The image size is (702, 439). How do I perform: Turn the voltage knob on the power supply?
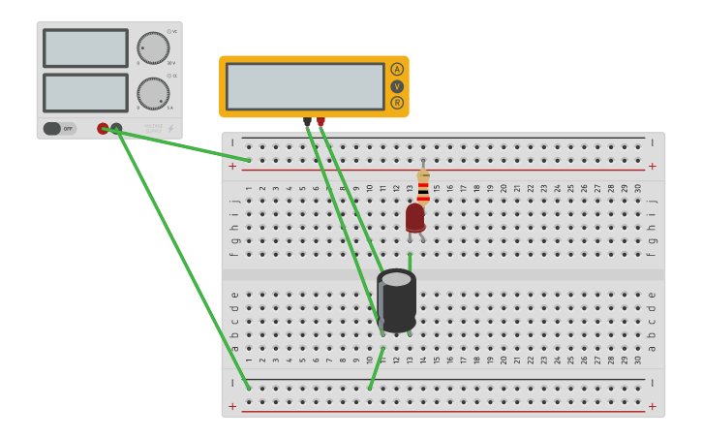[153, 47]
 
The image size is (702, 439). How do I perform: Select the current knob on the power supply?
[153, 93]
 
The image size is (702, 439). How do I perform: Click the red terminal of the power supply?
[103, 128]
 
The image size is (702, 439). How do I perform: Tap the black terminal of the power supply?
[116, 128]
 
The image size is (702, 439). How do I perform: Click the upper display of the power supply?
[85, 47]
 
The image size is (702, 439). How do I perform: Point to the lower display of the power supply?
[85, 93]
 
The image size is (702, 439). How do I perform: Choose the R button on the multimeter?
[397, 103]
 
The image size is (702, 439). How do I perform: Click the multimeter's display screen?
[305, 86]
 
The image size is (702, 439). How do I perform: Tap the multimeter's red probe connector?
[320, 122]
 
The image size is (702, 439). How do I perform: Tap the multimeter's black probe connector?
[308, 122]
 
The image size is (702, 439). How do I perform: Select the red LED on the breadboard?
[415, 217]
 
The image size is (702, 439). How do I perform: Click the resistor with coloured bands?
[423, 185]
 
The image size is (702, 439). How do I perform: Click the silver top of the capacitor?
[396, 279]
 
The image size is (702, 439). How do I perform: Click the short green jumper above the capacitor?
[410, 261]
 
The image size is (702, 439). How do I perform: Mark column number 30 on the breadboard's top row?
[638, 188]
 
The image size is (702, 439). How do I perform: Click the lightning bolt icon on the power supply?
[171, 128]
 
